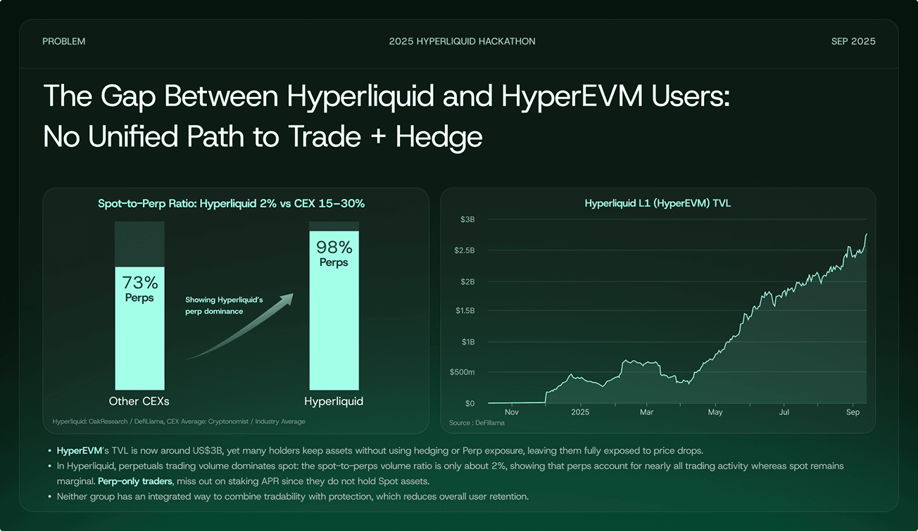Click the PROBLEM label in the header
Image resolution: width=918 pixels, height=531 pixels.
point(63,41)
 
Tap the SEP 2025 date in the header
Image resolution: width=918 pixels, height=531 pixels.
point(853,41)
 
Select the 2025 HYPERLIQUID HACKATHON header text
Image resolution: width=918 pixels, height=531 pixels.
point(462,41)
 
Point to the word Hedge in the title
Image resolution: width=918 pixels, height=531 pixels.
point(439,136)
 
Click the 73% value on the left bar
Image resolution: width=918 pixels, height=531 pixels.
point(140,283)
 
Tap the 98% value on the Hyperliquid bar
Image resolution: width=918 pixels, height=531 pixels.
point(334,247)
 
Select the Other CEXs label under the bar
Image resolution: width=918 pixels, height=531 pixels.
point(139,402)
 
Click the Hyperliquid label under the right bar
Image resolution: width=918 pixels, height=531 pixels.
point(334,402)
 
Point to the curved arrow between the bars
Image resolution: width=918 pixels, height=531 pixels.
point(239,329)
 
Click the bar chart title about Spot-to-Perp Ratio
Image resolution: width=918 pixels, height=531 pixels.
point(231,204)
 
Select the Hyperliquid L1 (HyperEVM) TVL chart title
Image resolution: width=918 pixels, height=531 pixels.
point(658,204)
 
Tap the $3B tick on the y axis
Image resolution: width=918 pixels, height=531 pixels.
point(467,219)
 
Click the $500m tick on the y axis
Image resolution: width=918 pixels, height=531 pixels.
point(463,372)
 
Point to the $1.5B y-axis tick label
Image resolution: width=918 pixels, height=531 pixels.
point(464,310)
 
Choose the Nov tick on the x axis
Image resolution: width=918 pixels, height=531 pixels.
point(512,412)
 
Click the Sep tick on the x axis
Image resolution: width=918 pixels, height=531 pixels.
point(853,412)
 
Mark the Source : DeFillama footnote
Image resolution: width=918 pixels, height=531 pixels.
point(477,423)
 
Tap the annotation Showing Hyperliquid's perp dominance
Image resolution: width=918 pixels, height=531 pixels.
point(224,305)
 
